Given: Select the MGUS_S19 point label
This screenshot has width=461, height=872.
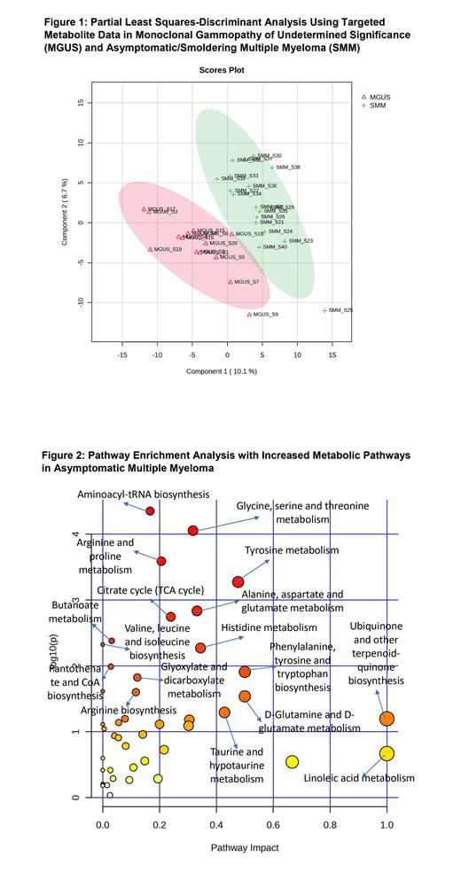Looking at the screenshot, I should (168, 250).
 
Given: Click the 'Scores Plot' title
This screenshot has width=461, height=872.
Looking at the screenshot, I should (223, 69).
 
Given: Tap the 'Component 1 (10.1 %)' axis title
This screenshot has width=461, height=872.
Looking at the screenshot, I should (222, 371).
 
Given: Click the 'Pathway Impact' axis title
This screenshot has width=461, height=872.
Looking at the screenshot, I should (244, 848).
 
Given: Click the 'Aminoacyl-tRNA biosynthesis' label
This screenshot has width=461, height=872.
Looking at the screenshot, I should (143, 494).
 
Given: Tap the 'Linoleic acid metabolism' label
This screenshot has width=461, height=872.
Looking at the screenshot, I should (359, 778).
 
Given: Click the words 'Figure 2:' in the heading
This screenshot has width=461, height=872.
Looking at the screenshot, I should (66, 455).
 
